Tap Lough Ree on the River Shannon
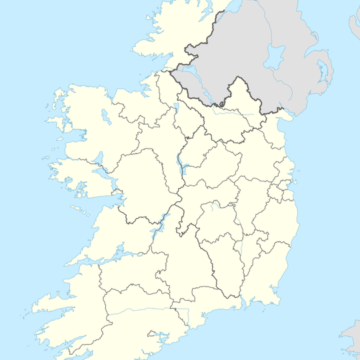[181, 162]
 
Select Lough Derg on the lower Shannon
[158, 230]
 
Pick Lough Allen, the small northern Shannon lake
[177, 108]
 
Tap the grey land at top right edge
[353, 27]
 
